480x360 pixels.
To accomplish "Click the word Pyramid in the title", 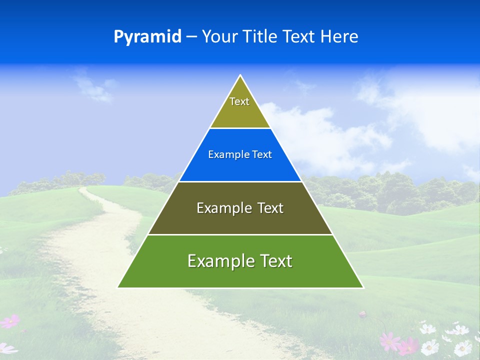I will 147,37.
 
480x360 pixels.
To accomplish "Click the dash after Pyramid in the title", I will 191,37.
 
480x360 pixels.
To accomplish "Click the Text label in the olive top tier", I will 239,101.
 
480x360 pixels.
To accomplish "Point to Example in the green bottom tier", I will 215,261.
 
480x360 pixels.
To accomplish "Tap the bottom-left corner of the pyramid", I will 118,287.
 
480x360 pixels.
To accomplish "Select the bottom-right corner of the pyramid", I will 363,287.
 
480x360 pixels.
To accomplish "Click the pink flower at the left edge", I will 10,321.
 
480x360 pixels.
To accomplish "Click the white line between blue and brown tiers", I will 240,181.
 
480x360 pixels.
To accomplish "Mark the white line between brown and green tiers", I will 240,234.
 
